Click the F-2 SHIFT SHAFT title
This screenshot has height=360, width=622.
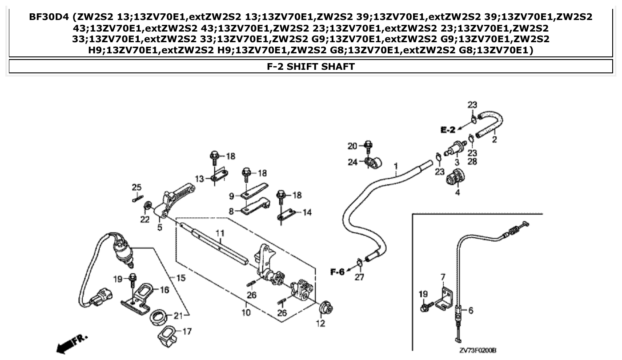click(310, 67)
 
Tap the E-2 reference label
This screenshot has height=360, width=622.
click(448, 130)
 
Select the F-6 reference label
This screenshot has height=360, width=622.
click(337, 272)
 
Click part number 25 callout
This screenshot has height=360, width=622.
click(136, 187)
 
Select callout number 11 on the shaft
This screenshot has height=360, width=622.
click(219, 233)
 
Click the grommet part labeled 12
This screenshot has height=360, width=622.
click(327, 308)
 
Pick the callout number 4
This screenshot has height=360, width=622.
click(457, 192)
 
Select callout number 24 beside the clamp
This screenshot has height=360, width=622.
click(352, 162)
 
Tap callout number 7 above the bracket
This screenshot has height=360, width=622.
click(442, 277)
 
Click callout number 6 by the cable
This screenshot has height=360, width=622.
click(471, 311)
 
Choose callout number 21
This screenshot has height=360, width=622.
click(178, 316)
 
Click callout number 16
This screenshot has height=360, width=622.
click(165, 290)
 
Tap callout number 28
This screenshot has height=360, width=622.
click(472, 161)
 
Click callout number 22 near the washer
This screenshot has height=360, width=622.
click(145, 220)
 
